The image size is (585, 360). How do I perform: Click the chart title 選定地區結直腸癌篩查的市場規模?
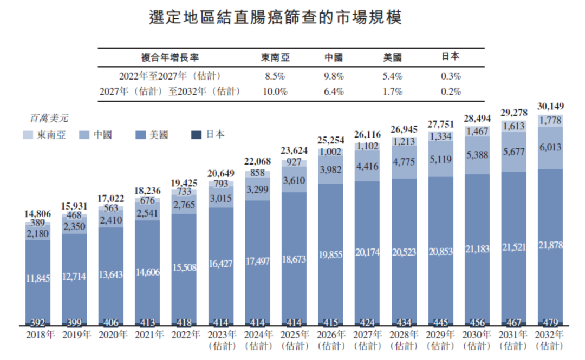(x=275, y=17)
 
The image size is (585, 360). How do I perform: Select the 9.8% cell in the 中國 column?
(x=333, y=76)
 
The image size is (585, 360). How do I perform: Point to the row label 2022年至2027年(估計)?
(x=170, y=76)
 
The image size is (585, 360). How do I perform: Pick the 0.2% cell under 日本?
(x=451, y=91)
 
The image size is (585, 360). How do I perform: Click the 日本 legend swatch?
(x=198, y=134)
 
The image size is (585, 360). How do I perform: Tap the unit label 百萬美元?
(x=49, y=117)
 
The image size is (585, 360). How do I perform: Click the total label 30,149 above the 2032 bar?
(x=550, y=106)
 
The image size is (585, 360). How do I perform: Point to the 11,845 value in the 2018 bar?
(x=37, y=279)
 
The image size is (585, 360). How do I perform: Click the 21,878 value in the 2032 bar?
(x=550, y=245)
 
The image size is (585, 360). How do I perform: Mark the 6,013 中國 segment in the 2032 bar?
(x=550, y=147)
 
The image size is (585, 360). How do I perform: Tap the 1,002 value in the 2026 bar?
(x=330, y=152)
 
